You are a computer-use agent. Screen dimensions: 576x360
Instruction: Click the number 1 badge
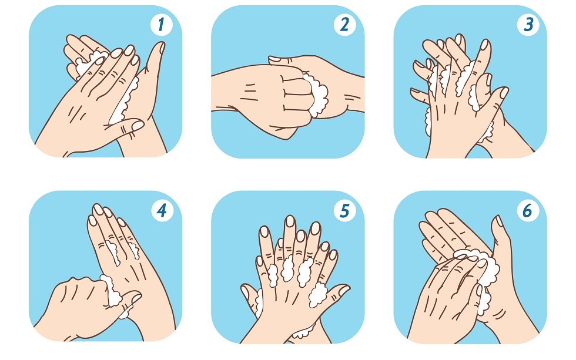point(161,25)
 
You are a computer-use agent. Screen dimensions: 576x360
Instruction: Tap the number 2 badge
point(344,25)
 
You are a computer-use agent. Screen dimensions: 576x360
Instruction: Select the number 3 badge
point(528,25)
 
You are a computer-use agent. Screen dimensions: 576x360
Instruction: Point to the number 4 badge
point(162,211)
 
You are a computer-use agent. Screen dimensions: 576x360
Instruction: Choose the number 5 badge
point(344,211)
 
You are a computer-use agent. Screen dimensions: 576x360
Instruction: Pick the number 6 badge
point(528,211)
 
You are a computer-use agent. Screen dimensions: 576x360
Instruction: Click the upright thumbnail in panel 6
point(499,221)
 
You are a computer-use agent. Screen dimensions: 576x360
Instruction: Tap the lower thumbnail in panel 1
point(138,126)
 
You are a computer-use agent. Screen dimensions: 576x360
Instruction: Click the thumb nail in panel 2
point(274,59)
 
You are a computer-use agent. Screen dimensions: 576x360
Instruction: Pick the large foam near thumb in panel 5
point(317,294)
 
